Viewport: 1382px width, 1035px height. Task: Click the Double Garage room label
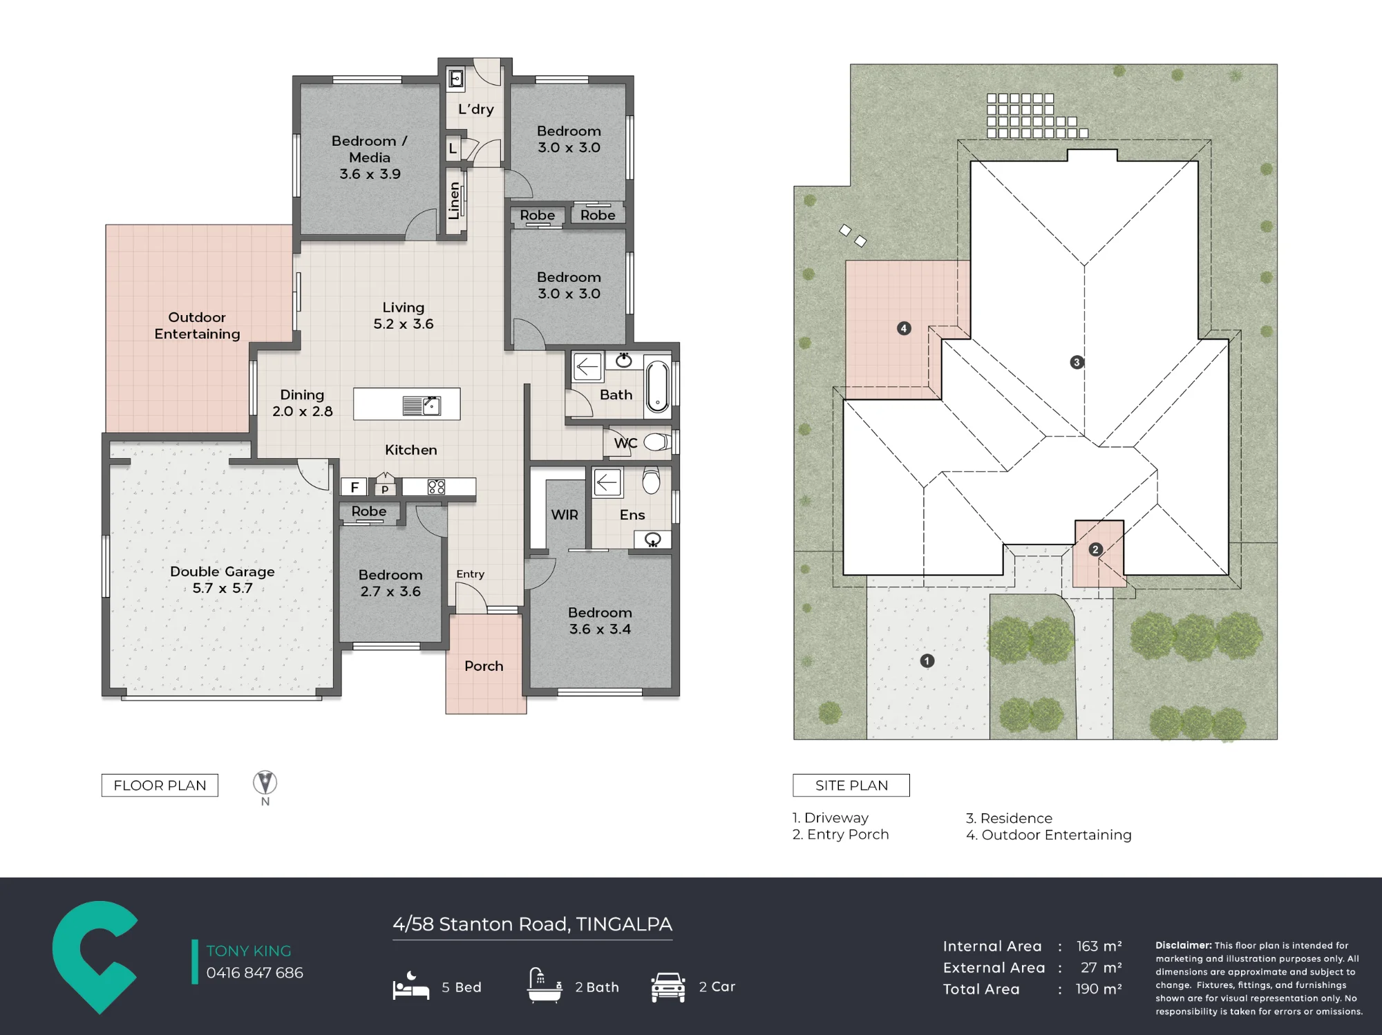click(223, 580)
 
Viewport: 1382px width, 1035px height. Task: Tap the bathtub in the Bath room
click(657, 387)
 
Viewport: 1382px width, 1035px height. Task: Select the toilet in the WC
click(656, 442)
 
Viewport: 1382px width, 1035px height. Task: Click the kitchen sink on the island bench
click(422, 406)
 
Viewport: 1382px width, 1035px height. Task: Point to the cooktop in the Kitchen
click(436, 487)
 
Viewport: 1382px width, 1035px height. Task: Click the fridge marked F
click(354, 487)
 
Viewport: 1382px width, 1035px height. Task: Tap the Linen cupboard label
click(454, 201)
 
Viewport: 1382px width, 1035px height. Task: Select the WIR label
click(565, 515)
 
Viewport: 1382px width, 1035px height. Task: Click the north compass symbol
click(265, 783)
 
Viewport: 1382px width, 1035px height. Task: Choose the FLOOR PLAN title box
click(160, 786)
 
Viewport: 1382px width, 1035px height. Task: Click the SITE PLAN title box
click(851, 786)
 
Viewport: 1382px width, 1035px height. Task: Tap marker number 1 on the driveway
click(927, 661)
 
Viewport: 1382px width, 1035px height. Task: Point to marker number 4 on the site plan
click(904, 328)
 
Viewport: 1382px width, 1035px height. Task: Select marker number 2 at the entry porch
click(1095, 550)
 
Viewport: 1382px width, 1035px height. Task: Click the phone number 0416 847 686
click(255, 973)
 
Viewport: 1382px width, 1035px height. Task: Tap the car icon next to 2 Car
click(668, 987)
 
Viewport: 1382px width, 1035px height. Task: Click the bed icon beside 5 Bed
click(411, 986)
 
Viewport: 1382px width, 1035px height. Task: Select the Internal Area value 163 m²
click(1099, 946)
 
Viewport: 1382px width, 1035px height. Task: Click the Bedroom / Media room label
click(370, 158)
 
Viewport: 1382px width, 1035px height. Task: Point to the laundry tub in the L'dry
click(456, 79)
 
